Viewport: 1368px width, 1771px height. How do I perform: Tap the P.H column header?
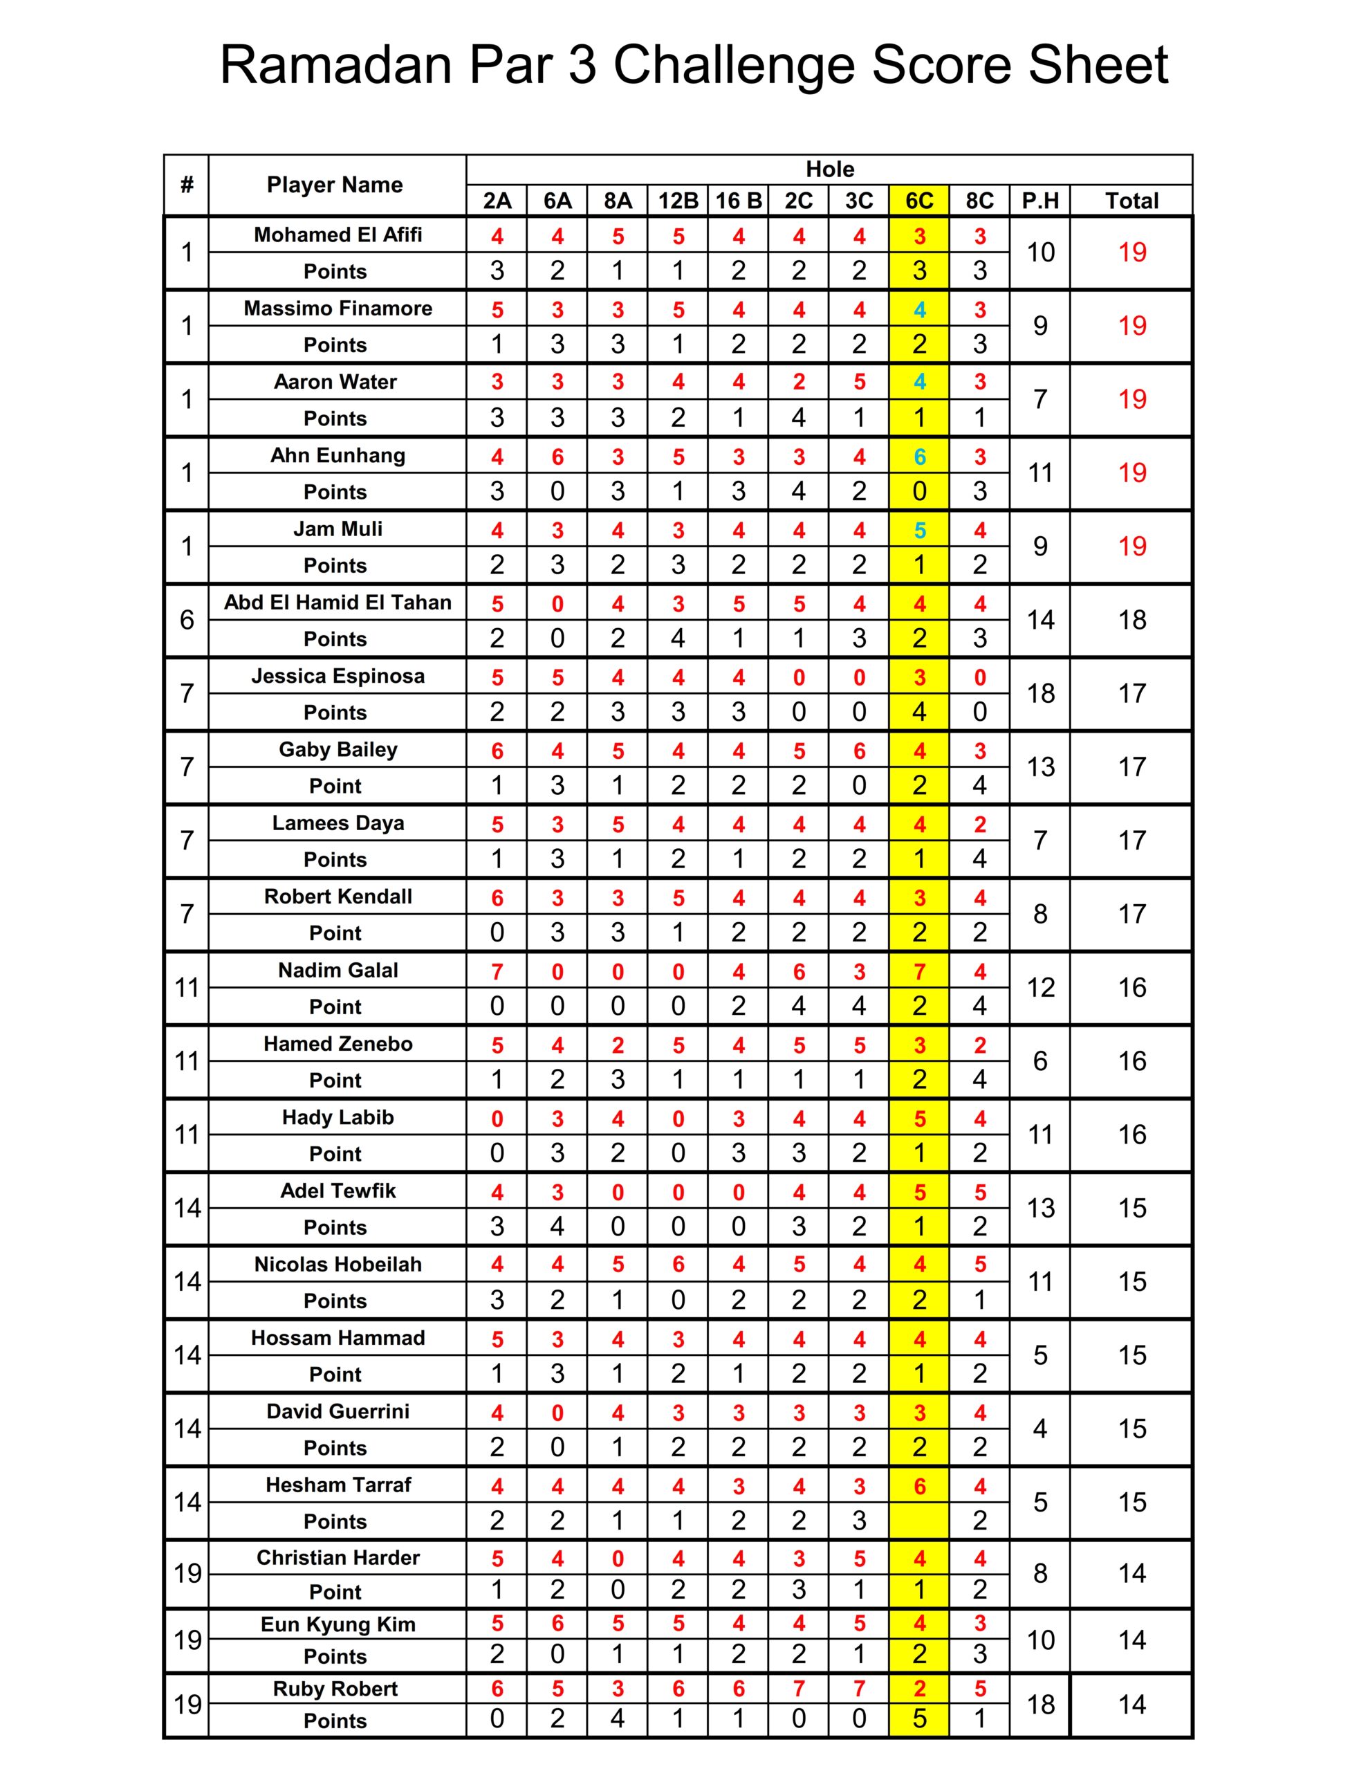[x=1039, y=201]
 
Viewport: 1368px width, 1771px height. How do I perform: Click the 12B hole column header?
[x=678, y=201]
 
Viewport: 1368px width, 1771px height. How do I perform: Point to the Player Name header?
[x=335, y=185]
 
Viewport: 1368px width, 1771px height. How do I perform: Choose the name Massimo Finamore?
[x=338, y=308]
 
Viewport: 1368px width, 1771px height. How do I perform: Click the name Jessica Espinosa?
[x=338, y=675]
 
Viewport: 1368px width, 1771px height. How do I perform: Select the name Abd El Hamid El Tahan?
[x=338, y=603]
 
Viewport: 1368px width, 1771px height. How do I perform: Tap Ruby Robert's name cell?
[x=335, y=1688]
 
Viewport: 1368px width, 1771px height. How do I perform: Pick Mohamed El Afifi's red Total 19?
[x=1132, y=253]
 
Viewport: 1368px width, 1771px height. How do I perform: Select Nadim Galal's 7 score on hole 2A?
[x=497, y=971]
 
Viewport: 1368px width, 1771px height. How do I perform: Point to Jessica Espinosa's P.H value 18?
[x=1040, y=693]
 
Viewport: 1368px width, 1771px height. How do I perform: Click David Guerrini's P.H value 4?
[x=1039, y=1429]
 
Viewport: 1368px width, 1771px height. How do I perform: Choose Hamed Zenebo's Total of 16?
[x=1132, y=1061]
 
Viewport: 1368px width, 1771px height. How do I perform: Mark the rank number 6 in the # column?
[x=187, y=621]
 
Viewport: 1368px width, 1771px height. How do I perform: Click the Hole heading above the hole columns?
[x=829, y=169]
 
